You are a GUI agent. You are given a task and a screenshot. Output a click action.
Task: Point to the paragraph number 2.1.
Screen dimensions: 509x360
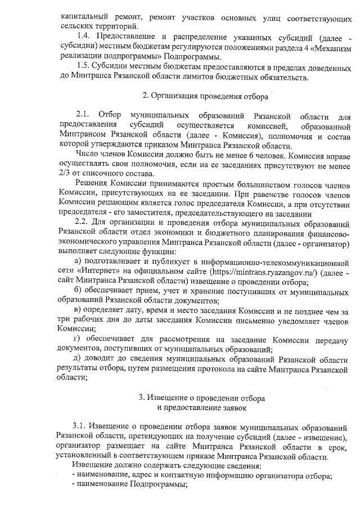point(83,116)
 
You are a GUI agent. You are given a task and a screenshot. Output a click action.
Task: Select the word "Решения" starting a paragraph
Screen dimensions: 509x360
point(92,184)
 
